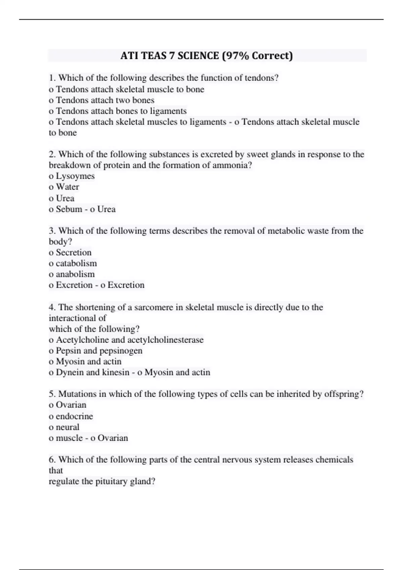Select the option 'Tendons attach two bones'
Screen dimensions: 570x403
(105, 100)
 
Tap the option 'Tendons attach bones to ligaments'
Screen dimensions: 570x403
(121, 111)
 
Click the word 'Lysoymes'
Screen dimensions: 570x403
(75, 176)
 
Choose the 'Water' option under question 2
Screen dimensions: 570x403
(68, 187)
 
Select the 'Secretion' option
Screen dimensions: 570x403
(74, 252)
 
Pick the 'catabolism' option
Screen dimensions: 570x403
(76, 263)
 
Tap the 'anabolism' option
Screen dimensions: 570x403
(75, 274)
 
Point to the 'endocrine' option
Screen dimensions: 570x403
(74, 416)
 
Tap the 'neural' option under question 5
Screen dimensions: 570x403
(68, 427)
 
